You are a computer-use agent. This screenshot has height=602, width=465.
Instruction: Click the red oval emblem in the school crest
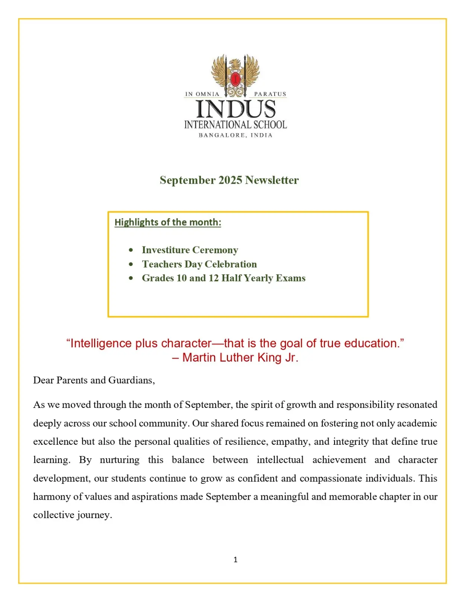click(235, 79)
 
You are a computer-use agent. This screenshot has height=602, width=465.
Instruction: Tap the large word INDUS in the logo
click(236, 109)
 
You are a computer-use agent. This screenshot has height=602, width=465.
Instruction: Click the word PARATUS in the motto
click(270, 94)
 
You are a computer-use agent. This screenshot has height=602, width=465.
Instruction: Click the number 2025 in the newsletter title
click(230, 180)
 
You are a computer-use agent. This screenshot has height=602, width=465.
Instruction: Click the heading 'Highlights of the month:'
click(168, 222)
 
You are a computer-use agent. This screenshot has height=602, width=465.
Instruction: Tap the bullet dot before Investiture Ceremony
click(131, 250)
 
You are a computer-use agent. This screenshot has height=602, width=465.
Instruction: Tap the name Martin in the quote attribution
click(199, 357)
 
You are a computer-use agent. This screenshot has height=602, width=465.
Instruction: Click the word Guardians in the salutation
click(131, 380)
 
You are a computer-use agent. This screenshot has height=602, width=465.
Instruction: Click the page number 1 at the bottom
click(236, 560)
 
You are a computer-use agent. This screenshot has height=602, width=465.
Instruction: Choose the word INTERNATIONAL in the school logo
click(215, 125)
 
